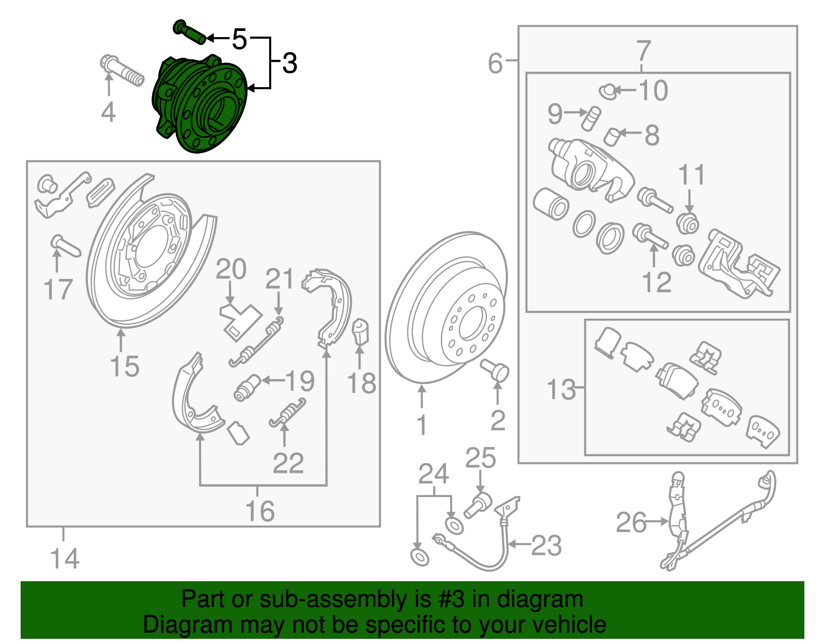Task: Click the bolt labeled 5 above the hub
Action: tap(190, 32)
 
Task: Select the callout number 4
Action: tap(108, 112)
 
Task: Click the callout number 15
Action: tap(124, 367)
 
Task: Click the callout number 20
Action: tap(231, 269)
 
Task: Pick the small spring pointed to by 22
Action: tap(288, 413)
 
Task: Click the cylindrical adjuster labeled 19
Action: tap(247, 387)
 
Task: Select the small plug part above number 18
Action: tap(360, 332)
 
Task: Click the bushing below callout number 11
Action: tap(688, 223)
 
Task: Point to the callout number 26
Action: tap(631, 522)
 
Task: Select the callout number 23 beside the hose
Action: tap(547, 545)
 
